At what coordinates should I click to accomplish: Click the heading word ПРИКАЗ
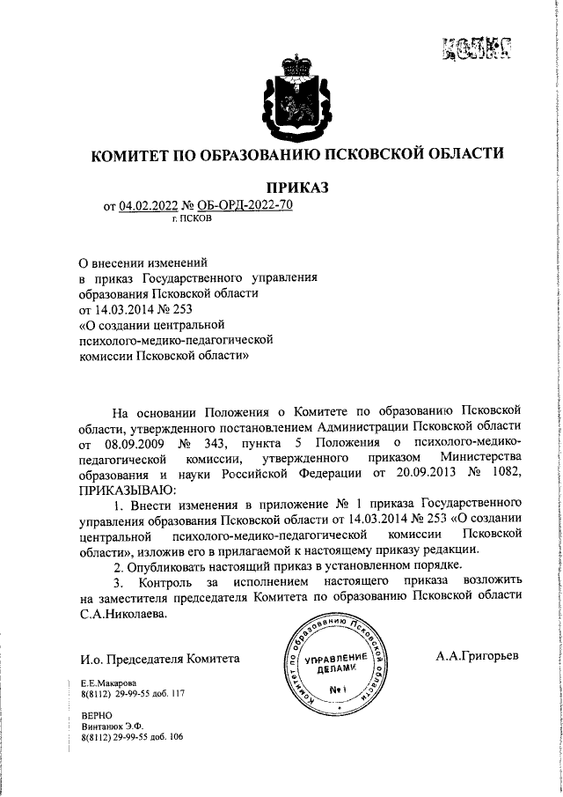296,188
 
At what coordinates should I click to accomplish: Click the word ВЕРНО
96,717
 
